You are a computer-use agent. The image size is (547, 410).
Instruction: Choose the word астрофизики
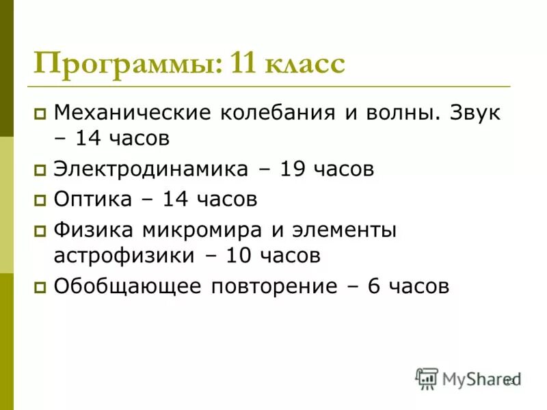coord(123,256)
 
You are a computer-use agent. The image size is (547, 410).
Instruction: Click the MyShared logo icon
coord(427,378)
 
